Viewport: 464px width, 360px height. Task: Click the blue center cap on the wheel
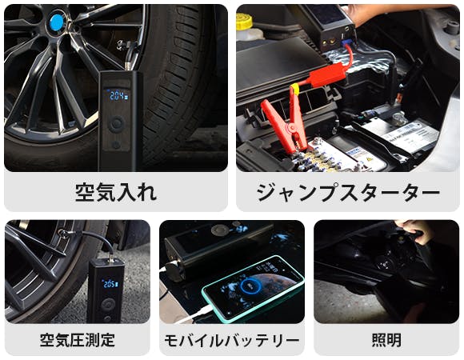57,22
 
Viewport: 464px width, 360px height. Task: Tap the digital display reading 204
118,95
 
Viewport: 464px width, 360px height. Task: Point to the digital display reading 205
110,284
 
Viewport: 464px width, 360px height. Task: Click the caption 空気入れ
116,193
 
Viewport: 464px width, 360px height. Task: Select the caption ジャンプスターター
348,193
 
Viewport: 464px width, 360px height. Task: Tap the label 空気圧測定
78,340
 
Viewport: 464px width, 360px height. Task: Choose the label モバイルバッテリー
232,340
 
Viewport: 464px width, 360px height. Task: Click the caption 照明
386,340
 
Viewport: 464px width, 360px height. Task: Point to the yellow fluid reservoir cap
244,21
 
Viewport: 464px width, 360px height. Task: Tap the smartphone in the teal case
253,289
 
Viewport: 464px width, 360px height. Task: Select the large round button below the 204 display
116,123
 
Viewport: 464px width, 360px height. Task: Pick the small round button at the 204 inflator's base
116,145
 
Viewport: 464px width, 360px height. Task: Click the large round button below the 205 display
108,306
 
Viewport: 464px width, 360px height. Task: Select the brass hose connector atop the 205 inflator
111,260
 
